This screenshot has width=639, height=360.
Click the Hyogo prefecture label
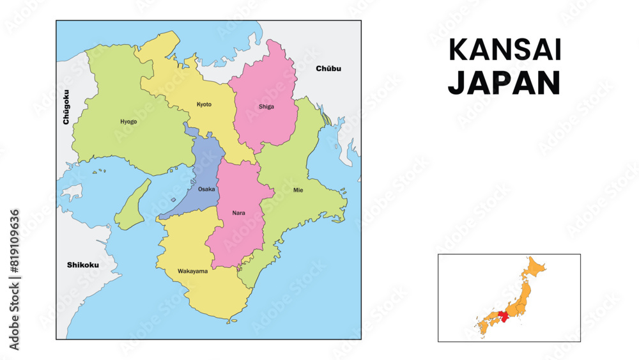click(128, 121)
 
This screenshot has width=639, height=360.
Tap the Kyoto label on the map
click(204, 104)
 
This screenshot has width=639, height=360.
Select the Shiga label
click(266, 107)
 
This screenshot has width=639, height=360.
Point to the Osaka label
click(206, 189)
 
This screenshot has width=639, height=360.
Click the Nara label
click(238, 212)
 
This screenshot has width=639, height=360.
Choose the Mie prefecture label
click(298, 190)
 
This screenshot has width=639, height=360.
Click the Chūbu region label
click(328, 68)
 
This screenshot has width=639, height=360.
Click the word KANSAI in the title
click(504, 51)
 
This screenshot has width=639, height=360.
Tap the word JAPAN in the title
click(504, 83)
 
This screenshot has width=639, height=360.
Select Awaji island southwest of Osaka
click(134, 205)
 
